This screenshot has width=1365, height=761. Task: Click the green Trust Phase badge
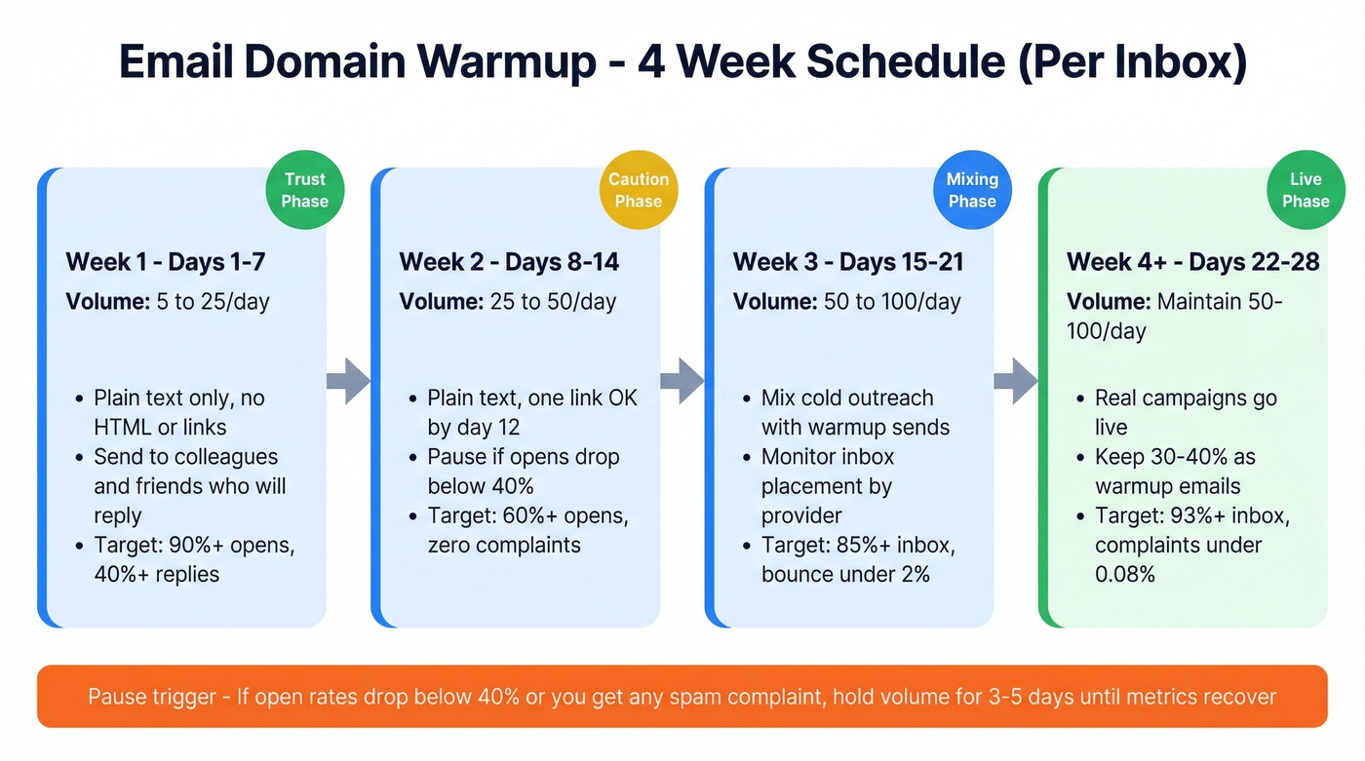coord(305,190)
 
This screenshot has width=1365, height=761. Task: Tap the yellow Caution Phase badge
coord(639,190)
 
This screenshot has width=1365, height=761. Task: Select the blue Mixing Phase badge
coord(972,190)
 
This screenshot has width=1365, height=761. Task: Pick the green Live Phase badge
coord(1306,190)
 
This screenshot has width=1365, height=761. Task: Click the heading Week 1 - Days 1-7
coord(165,262)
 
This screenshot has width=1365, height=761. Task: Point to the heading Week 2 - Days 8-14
coord(509,262)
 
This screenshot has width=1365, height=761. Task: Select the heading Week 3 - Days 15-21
coord(849,262)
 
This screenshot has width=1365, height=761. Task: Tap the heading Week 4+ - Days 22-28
coord(1192,262)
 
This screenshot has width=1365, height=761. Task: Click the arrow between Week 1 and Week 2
coord(348,380)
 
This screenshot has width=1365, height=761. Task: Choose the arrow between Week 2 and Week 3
coord(682,380)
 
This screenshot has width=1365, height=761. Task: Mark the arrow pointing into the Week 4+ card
coord(1015,380)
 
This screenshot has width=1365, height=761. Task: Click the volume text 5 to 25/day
coord(213,301)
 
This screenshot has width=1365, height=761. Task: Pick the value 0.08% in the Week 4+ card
coord(1124,574)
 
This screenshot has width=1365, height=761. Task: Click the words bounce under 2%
coord(845,574)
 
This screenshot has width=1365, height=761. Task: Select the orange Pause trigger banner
coord(682,697)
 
